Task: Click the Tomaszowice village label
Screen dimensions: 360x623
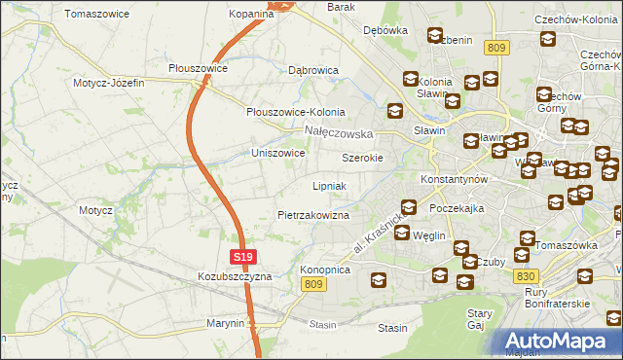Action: [x=96, y=15]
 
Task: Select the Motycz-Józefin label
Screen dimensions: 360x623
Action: [x=108, y=83]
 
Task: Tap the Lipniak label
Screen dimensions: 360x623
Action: [x=329, y=185]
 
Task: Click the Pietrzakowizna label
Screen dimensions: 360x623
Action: [x=313, y=214]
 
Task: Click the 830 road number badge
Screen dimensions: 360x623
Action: [x=524, y=276]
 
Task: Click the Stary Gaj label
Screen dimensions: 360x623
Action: [x=479, y=319]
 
